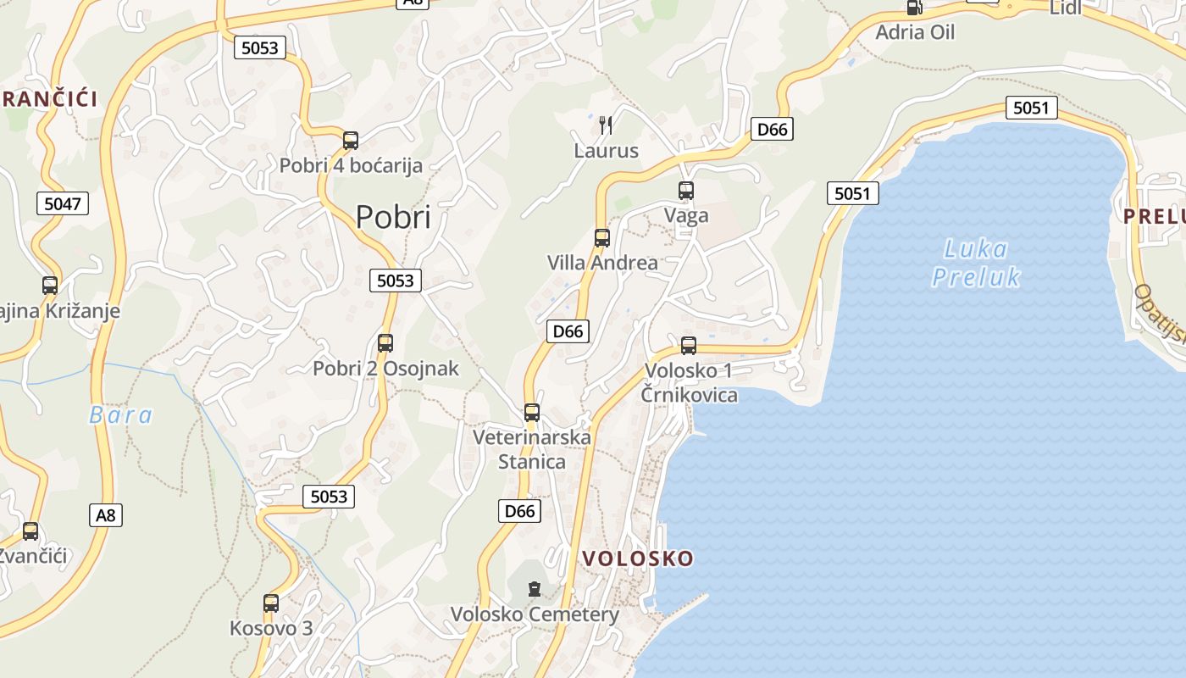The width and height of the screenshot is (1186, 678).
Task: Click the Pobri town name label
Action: pos(393,218)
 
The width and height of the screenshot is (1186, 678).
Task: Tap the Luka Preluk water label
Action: pos(976,263)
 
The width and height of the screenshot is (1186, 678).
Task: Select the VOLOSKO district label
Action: pos(638,559)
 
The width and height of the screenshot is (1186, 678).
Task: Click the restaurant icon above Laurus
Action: pos(605,125)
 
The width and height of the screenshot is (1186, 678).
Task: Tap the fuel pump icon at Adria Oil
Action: pos(914,8)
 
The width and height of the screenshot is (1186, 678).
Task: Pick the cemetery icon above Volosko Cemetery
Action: pos(534,588)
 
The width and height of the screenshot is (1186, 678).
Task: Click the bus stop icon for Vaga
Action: pos(686,191)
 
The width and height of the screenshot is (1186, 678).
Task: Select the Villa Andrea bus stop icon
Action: pos(602,237)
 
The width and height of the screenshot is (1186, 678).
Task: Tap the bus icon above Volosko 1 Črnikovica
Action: pos(689,345)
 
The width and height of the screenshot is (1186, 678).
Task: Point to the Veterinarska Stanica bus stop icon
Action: pos(532,413)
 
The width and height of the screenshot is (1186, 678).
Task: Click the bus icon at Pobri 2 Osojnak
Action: pos(385,342)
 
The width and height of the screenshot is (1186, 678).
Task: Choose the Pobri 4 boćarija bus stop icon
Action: pos(351,140)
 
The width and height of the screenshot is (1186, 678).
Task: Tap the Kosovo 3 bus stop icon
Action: pos(271,603)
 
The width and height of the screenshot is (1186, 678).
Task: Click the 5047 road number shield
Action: pos(63,203)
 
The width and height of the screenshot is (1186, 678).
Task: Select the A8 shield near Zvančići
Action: pos(105,514)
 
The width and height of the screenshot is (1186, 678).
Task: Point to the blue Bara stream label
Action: pos(121,415)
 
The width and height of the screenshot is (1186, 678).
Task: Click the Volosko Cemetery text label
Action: pos(535,614)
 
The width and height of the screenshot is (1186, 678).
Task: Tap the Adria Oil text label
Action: pos(915,32)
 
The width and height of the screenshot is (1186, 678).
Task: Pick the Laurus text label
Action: pos(606,151)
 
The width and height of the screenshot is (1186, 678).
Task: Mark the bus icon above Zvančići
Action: pos(30,531)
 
